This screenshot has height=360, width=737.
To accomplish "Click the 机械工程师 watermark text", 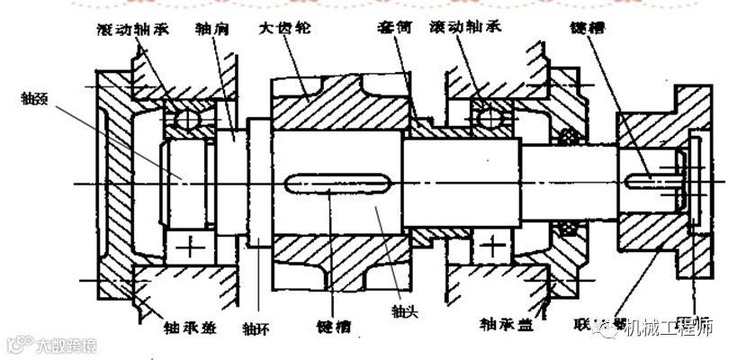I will click(x=670, y=328).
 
